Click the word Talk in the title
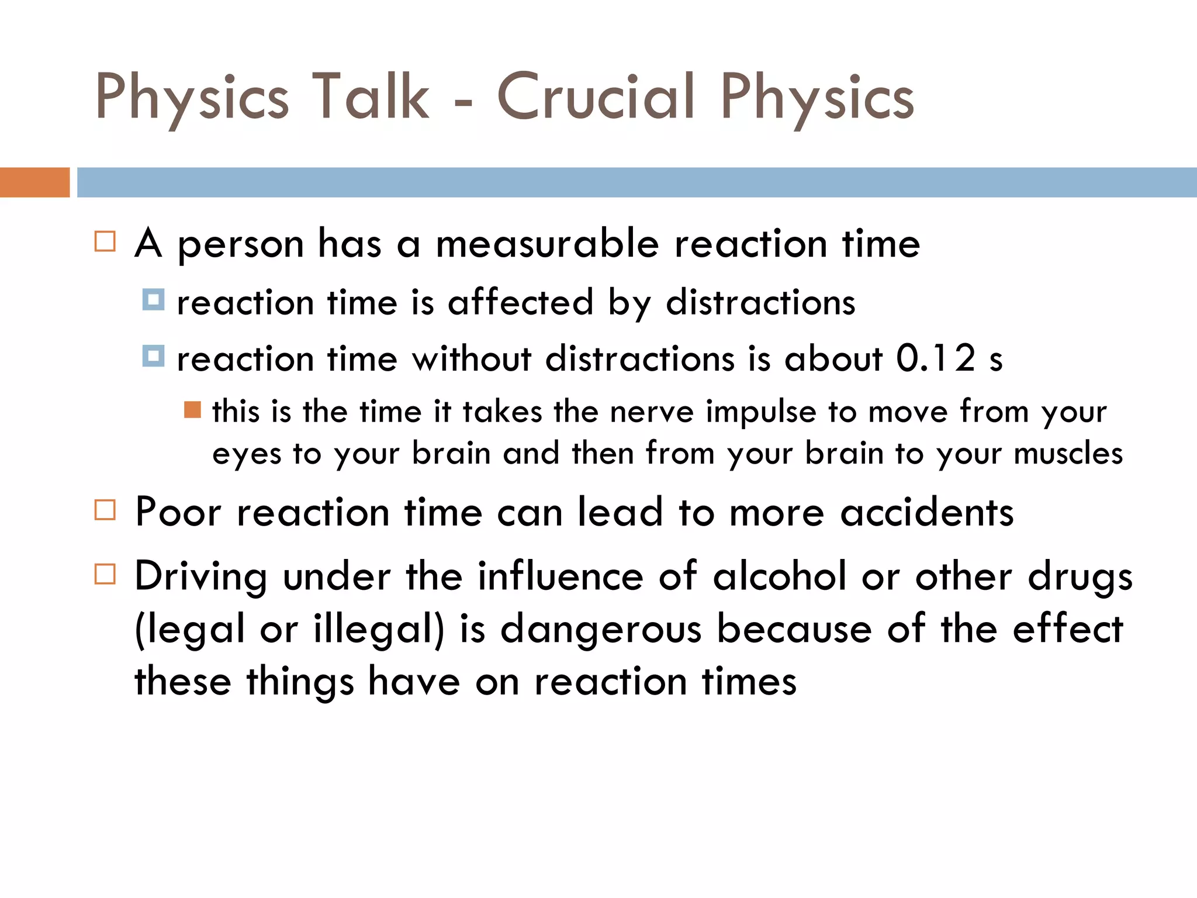point(370,96)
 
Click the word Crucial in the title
point(596,96)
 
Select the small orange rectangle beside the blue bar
point(34,182)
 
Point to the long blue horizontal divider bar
point(636,182)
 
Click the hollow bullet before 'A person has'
point(105,241)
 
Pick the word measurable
point(548,243)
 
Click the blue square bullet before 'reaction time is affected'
point(153,300)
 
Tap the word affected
point(521,302)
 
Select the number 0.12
point(936,358)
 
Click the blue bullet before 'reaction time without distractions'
point(153,356)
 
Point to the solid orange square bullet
point(192,410)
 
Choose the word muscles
point(1068,454)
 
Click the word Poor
point(178,512)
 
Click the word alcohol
point(780,576)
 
